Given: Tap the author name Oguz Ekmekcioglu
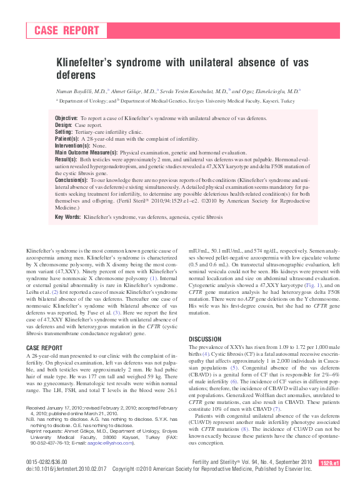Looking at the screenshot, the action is click(267, 91).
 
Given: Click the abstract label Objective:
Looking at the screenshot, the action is click(66, 118).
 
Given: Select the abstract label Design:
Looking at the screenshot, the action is click(64, 125).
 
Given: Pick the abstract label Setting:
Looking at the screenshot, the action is click(64, 132).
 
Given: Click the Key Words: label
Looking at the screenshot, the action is click(68, 217).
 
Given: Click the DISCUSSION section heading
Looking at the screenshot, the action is click(205, 339).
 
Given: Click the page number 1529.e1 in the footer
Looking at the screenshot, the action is click(329, 462).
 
